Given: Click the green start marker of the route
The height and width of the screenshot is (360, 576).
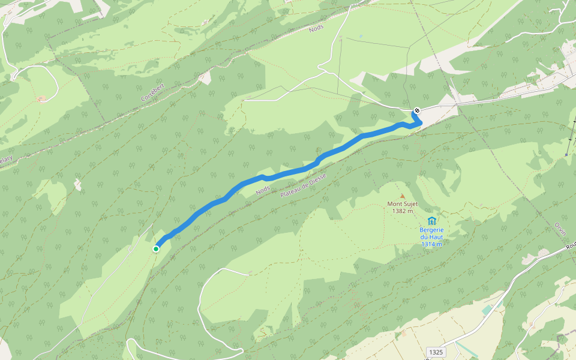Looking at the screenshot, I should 156,248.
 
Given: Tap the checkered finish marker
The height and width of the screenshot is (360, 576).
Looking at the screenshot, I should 416,111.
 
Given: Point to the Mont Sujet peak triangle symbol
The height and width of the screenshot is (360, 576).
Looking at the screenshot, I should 402,196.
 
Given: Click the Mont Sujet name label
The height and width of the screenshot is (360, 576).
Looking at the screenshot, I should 402,204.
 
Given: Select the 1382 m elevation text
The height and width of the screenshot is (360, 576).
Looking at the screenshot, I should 402,211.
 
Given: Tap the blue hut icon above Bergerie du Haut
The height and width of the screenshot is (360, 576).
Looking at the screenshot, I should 431,221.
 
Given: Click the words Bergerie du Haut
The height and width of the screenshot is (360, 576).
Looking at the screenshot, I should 431,233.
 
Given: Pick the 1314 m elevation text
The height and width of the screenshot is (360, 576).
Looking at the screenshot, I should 431,244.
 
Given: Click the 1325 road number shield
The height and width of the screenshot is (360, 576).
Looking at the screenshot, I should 436,350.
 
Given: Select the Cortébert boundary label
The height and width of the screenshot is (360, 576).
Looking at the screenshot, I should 152,89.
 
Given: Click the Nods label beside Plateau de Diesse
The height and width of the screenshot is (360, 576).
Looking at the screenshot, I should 262,190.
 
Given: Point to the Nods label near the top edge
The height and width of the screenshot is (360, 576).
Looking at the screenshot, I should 316,28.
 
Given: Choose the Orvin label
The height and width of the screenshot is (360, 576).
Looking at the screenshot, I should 560,232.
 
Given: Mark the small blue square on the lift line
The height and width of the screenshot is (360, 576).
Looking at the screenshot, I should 566,154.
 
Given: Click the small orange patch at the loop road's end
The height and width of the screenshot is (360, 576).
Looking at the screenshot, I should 41,98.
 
